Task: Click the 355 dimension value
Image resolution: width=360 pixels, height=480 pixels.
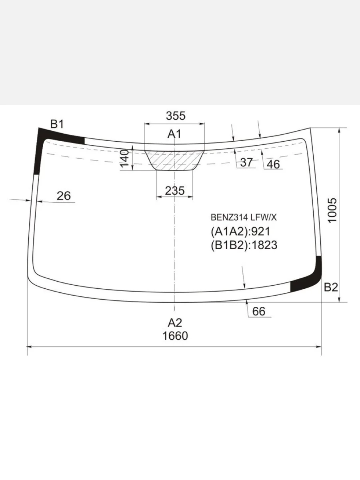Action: [x=176, y=116]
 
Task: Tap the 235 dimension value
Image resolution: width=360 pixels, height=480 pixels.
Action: [x=175, y=191]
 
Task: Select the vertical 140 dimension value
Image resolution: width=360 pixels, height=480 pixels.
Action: [x=124, y=158]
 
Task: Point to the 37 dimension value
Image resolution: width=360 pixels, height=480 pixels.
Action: [x=246, y=162]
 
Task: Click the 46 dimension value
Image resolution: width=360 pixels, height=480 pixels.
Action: [x=273, y=164]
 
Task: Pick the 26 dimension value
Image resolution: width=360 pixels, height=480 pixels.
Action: [x=64, y=196]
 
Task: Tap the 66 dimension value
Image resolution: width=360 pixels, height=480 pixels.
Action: [x=258, y=311]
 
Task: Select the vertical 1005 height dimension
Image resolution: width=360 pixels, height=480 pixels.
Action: [x=332, y=210]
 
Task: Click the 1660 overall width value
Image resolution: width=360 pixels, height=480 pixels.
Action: [x=175, y=336]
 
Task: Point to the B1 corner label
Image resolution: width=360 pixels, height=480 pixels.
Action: [x=57, y=124]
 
